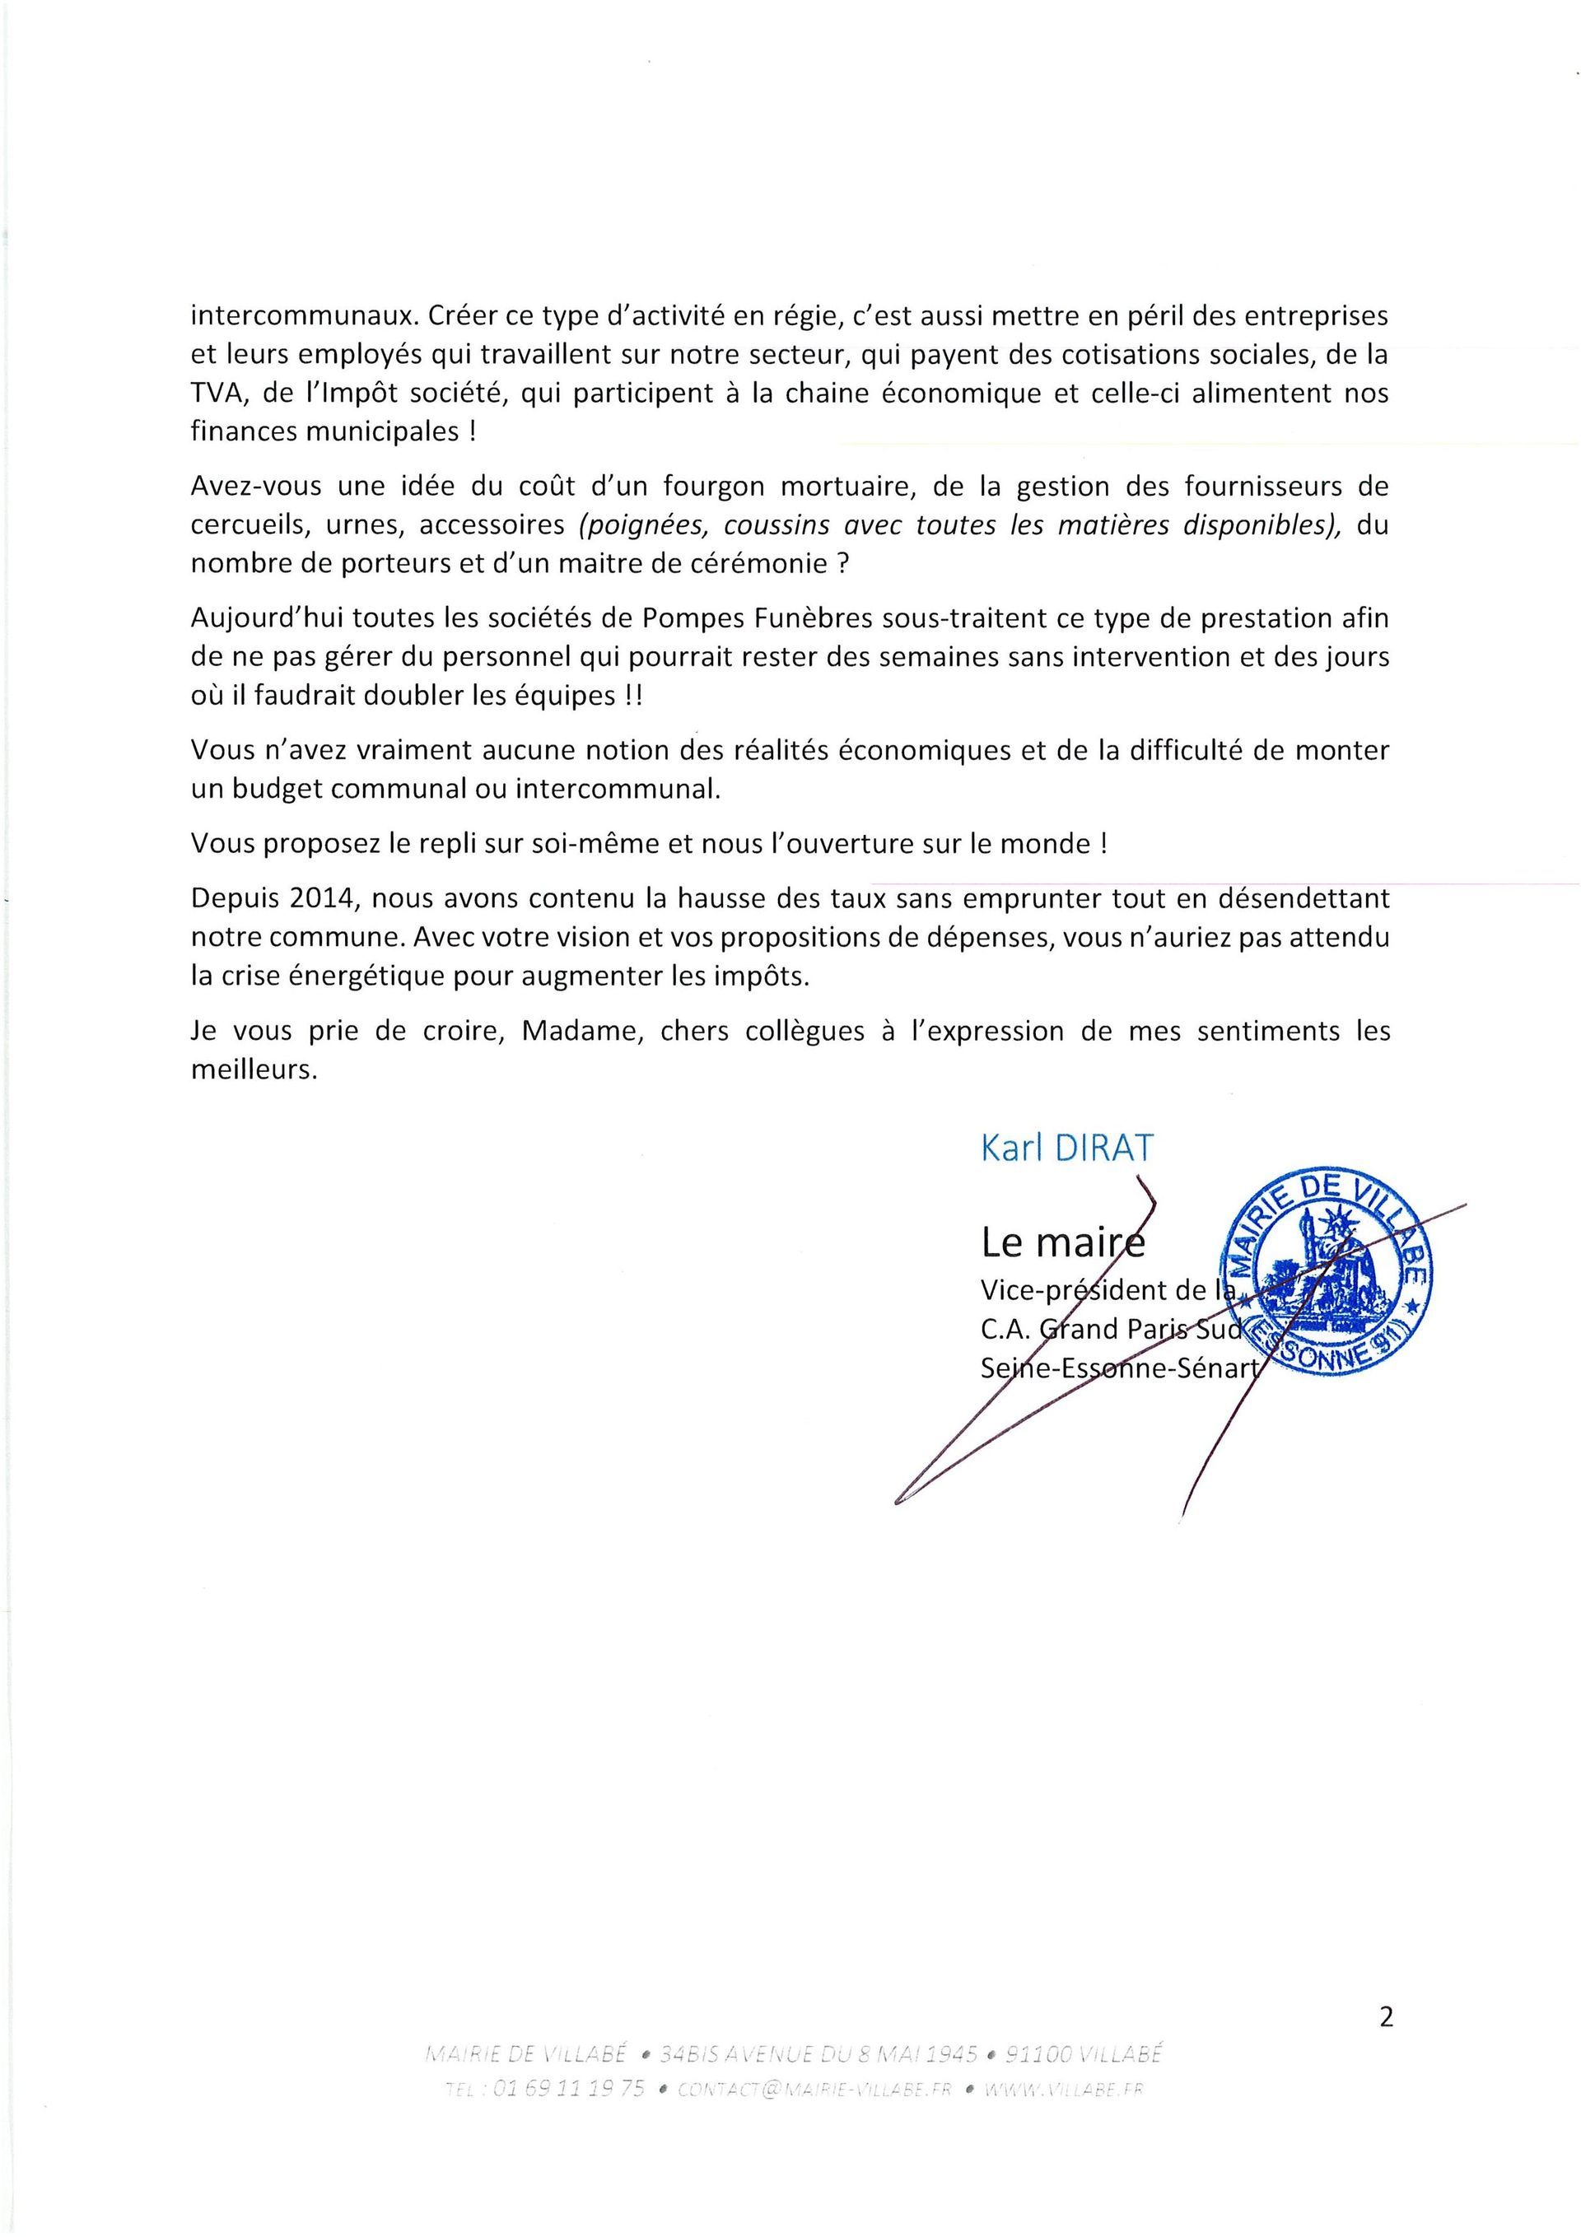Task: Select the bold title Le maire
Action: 1062,1243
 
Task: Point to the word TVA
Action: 214,394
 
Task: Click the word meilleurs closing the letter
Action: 254,1070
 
